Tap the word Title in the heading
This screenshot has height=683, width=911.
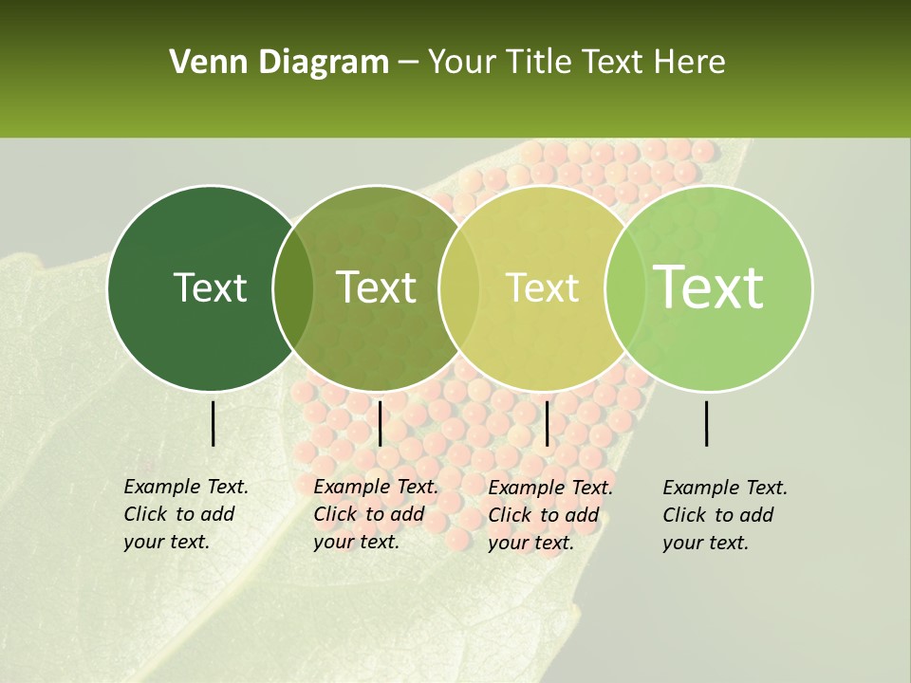coord(537,63)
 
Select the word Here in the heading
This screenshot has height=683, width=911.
coord(689,63)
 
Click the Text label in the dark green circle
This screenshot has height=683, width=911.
coord(210,287)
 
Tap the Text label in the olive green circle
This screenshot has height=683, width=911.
coord(377,287)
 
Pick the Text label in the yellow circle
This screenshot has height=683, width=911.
coord(543,287)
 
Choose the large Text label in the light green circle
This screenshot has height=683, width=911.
coord(709,287)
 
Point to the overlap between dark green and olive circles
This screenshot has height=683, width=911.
coord(293,287)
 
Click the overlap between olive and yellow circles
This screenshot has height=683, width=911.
coord(459,287)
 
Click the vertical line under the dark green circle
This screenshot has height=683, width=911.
coord(214,423)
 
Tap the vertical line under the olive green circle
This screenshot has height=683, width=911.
coord(381,423)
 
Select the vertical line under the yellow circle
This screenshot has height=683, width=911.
coord(547,423)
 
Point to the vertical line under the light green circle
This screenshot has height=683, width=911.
coord(707,423)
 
